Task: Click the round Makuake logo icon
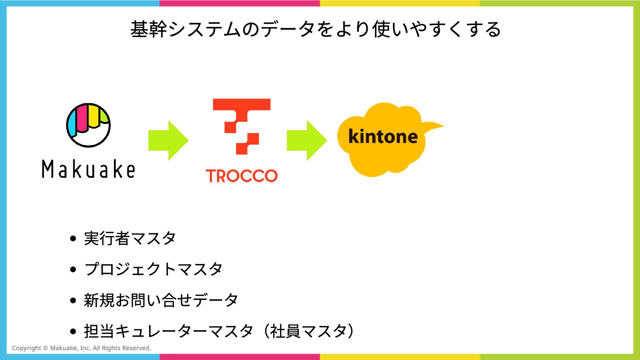click(88, 125)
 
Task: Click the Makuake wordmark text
click(88, 169)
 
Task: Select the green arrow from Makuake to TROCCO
click(168, 140)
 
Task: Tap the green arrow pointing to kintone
click(307, 140)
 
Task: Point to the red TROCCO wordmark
click(242, 176)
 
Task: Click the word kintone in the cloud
click(383, 136)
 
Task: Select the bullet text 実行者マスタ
click(130, 238)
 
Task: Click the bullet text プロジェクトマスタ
click(153, 269)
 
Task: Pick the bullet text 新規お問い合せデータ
click(161, 300)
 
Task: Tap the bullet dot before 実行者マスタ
click(73, 239)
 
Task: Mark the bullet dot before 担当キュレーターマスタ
click(73, 331)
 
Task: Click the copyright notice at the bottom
click(81, 348)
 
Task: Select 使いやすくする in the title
click(437, 29)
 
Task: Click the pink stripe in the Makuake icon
click(81, 118)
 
